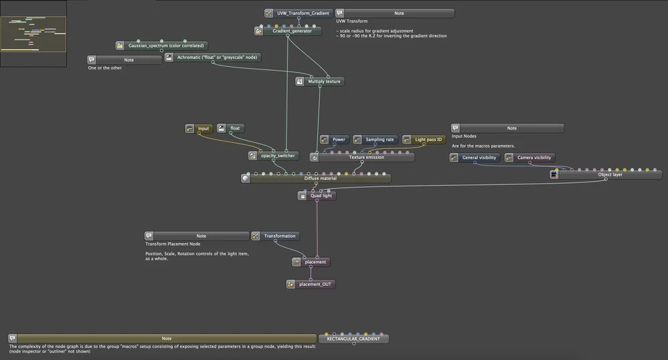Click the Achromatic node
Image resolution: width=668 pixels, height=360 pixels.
pos(218,57)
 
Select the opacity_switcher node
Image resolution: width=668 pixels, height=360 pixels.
pos(277,156)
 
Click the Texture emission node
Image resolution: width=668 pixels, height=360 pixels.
pos(366,157)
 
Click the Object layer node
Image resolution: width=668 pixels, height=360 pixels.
pos(609,174)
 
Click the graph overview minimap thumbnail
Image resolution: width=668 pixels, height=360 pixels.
pos(33,33)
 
